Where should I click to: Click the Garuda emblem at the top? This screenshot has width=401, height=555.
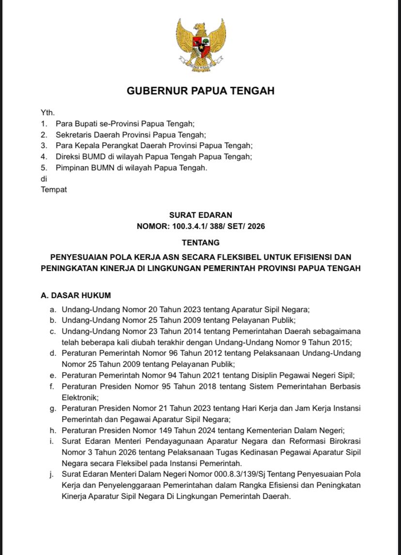(200, 45)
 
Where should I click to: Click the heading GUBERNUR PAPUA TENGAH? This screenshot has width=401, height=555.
(200, 90)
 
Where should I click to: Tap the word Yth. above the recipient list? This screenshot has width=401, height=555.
(47, 113)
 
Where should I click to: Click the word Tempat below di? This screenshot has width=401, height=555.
(54, 190)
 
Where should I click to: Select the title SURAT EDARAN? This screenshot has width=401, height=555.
(200, 215)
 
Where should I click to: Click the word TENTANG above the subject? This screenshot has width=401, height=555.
(200, 242)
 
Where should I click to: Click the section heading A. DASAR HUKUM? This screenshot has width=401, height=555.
(76, 295)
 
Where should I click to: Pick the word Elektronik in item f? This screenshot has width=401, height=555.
(79, 397)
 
